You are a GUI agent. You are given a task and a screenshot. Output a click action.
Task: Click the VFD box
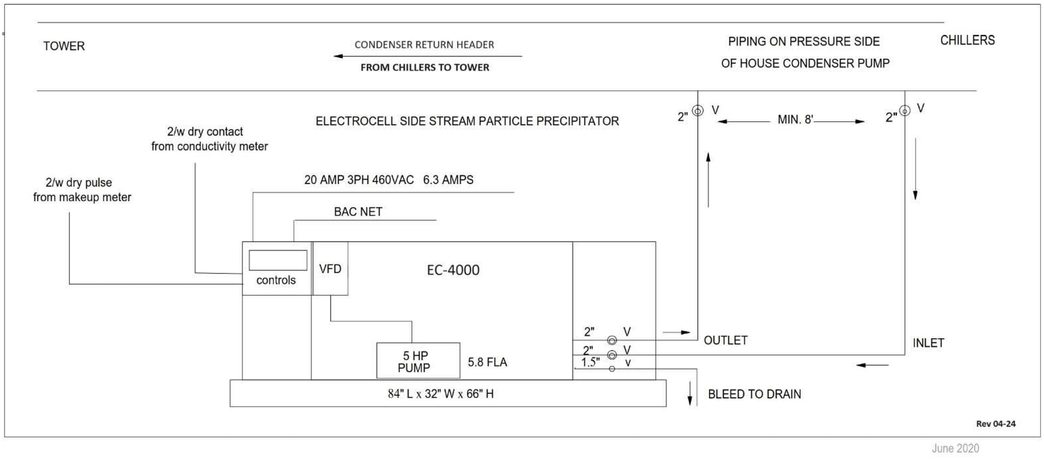tap(330, 269)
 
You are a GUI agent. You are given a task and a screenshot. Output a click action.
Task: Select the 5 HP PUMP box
tap(417, 361)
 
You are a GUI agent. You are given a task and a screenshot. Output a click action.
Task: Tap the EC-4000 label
tap(453, 270)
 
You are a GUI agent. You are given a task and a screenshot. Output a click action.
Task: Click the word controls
tap(276, 280)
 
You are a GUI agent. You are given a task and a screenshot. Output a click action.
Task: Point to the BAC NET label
tap(358, 212)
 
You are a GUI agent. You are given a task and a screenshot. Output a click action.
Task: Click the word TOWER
tap(64, 46)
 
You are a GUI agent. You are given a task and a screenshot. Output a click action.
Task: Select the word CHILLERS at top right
tap(967, 40)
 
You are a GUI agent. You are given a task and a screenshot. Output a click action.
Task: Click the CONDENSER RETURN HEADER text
tap(424, 45)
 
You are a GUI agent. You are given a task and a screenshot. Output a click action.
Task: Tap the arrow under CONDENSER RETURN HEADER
tap(427, 56)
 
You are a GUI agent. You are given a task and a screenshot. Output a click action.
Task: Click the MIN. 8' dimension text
tap(795, 120)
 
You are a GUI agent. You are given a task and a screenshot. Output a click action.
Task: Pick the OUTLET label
tap(725, 340)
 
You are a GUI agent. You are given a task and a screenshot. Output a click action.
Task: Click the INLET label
tap(928, 343)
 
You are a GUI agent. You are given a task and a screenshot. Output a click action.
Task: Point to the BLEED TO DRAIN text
tap(754, 394)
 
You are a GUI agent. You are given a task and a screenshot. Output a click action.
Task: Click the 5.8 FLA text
tap(487, 362)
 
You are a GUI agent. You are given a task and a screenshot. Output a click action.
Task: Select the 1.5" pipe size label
tap(590, 362)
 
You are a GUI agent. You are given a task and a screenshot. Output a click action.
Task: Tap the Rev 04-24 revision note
tap(996, 424)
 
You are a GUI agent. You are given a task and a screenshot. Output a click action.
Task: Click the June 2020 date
tap(955, 448)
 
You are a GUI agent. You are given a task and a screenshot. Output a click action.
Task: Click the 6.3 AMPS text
tap(448, 180)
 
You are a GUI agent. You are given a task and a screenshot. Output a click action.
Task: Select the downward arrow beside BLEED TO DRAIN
tap(690, 393)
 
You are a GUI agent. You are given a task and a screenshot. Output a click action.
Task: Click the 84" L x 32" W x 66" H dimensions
tap(440, 394)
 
